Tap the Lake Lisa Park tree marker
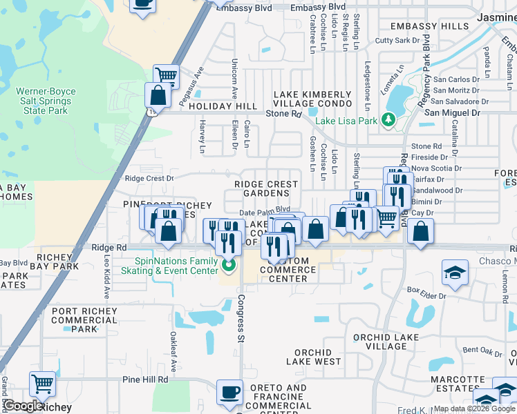click(x=389, y=121)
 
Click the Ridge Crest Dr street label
click(x=149, y=178)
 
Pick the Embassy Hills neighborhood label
click(x=429, y=26)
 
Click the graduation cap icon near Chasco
click(x=455, y=273)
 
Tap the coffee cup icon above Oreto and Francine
click(x=229, y=392)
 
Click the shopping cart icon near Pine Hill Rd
click(x=42, y=384)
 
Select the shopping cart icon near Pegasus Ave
click(x=166, y=75)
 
